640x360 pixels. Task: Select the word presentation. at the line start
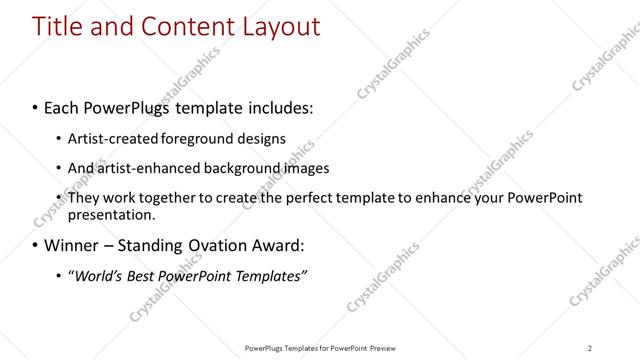pos(111,214)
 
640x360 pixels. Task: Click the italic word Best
pos(142,275)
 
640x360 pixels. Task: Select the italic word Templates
pos(270,275)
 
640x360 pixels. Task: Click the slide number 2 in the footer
pos(589,347)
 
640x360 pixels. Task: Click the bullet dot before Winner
pos(36,245)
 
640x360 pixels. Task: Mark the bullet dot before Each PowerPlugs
pos(36,106)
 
